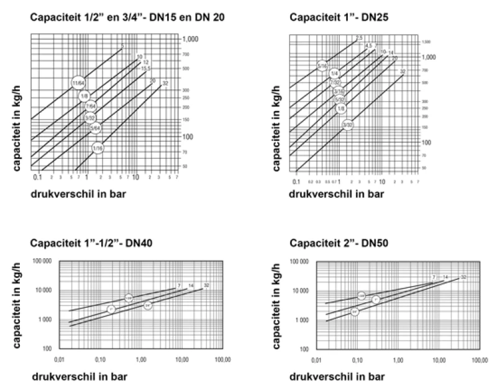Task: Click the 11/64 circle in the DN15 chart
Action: pyautogui.click(x=78, y=82)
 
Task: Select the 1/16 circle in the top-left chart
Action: pyautogui.click(x=98, y=148)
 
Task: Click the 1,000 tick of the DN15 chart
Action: pyautogui.click(x=189, y=39)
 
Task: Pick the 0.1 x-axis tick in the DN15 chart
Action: pyautogui.click(x=37, y=177)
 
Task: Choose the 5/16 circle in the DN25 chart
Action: pyautogui.click(x=322, y=65)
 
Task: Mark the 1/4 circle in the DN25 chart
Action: pyautogui.click(x=334, y=73)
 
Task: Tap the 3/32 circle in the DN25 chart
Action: pyautogui.click(x=348, y=125)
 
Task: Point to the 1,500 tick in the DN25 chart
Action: pyautogui.click(x=426, y=42)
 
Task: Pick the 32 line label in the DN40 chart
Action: pyautogui.click(x=206, y=285)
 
